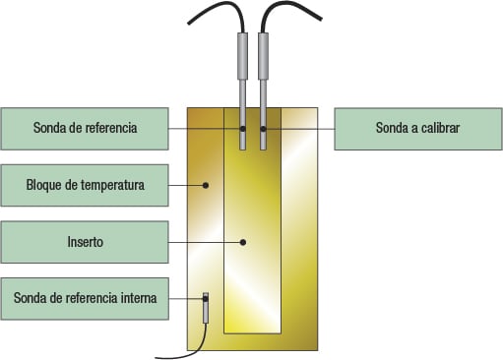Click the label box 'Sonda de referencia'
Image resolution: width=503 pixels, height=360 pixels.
coord(84,128)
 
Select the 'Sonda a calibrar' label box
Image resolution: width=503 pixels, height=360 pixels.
coord(418,128)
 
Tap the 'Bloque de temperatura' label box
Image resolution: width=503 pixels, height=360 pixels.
coord(84,184)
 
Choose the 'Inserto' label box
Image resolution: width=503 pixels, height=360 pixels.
coord(84,241)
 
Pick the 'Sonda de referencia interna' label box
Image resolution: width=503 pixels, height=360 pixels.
coord(84,297)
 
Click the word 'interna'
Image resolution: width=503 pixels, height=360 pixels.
coord(136,297)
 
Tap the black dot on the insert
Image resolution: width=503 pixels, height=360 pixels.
coord(242,241)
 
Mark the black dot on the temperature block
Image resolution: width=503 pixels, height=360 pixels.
coord(206,184)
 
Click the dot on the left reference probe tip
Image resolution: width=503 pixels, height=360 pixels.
coord(242,128)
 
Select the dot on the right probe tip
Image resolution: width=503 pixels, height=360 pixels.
coord(263,128)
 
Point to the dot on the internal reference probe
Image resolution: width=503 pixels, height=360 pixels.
coord(206,297)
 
